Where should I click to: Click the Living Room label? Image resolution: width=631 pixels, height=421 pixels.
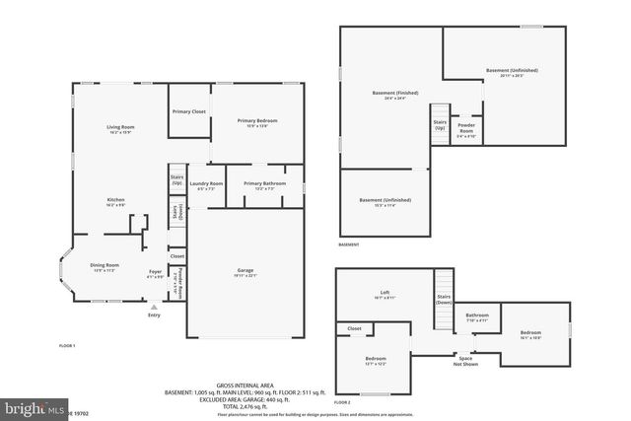tap(120, 126)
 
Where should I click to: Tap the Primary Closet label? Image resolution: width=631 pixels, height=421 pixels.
tap(188, 111)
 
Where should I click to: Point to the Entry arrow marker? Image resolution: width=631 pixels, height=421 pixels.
tap(153, 308)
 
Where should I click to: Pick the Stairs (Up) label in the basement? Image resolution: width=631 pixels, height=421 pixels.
tap(440, 125)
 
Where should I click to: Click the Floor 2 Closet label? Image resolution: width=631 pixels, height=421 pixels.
tap(354, 328)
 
